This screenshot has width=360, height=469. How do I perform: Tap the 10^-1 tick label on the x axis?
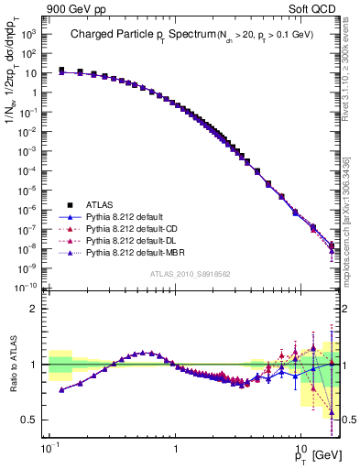pyautogui.click(x=49, y=448)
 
